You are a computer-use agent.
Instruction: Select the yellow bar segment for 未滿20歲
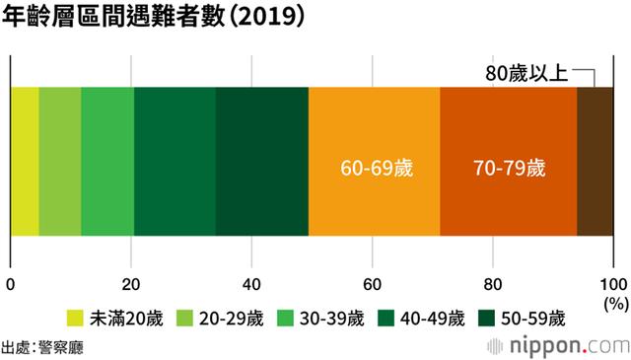pos(25,162)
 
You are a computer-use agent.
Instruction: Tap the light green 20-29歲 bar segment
pos(60,162)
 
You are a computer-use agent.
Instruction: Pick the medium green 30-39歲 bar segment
pos(107,162)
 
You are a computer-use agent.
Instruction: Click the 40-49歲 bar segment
pos(175,162)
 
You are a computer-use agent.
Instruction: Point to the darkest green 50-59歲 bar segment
pos(261,162)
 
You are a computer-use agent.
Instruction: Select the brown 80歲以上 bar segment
pos(595,162)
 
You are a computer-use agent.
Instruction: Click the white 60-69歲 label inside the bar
pos(375,167)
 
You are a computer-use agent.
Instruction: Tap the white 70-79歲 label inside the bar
pos(507,167)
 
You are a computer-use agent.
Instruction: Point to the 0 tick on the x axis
pos(10,285)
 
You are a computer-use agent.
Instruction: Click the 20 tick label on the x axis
pos(131,285)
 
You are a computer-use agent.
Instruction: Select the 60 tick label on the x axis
pos(373,285)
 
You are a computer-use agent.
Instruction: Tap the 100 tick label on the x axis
pos(612,285)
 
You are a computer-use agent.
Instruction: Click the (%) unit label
pos(615,305)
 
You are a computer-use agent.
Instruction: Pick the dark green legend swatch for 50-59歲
pos(486,318)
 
